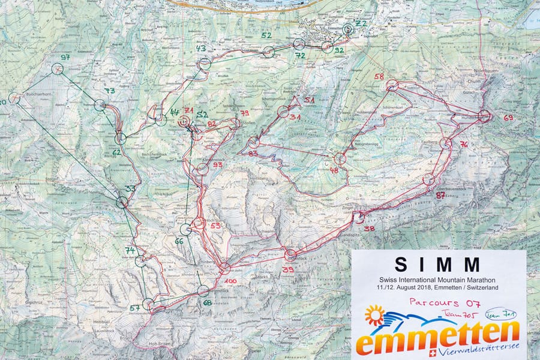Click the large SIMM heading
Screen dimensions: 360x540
[437, 265]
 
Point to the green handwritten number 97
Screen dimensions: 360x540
[65, 58]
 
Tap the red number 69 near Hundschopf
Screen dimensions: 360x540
[508, 118]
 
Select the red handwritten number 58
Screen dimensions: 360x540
[379, 77]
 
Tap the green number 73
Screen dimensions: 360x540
[109, 91]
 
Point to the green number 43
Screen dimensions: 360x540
[201, 49]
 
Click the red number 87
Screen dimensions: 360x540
[440, 195]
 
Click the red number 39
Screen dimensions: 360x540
[287, 271]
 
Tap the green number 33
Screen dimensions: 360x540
[130, 188]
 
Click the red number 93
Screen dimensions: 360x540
[217, 165]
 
